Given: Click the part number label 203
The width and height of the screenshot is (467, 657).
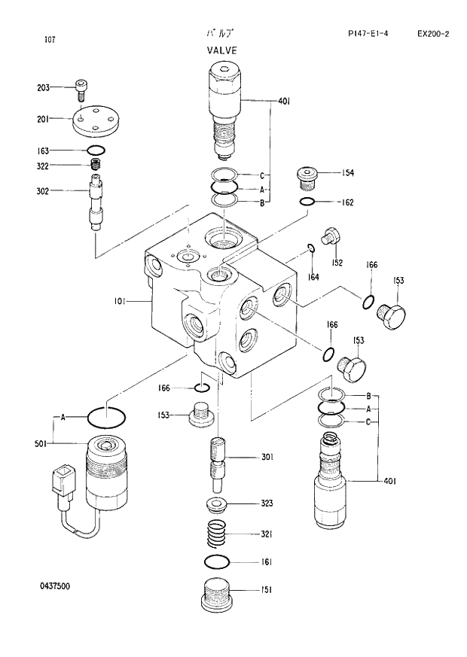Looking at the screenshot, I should (43, 88).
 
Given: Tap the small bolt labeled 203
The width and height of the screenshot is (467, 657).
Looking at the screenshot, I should (81, 90).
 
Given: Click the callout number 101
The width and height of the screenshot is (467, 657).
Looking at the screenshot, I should (120, 302).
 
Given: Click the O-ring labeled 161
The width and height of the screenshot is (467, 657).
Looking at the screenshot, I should (218, 561).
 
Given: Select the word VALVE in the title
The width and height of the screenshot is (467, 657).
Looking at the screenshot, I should (222, 50).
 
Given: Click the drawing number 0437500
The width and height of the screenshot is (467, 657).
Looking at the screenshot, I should (56, 586).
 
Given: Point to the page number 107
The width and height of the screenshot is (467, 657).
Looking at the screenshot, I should (50, 39).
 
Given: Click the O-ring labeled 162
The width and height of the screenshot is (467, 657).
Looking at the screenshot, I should (307, 202).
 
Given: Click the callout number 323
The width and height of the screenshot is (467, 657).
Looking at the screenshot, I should (267, 503).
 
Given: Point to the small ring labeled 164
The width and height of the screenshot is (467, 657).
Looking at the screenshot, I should (310, 249).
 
